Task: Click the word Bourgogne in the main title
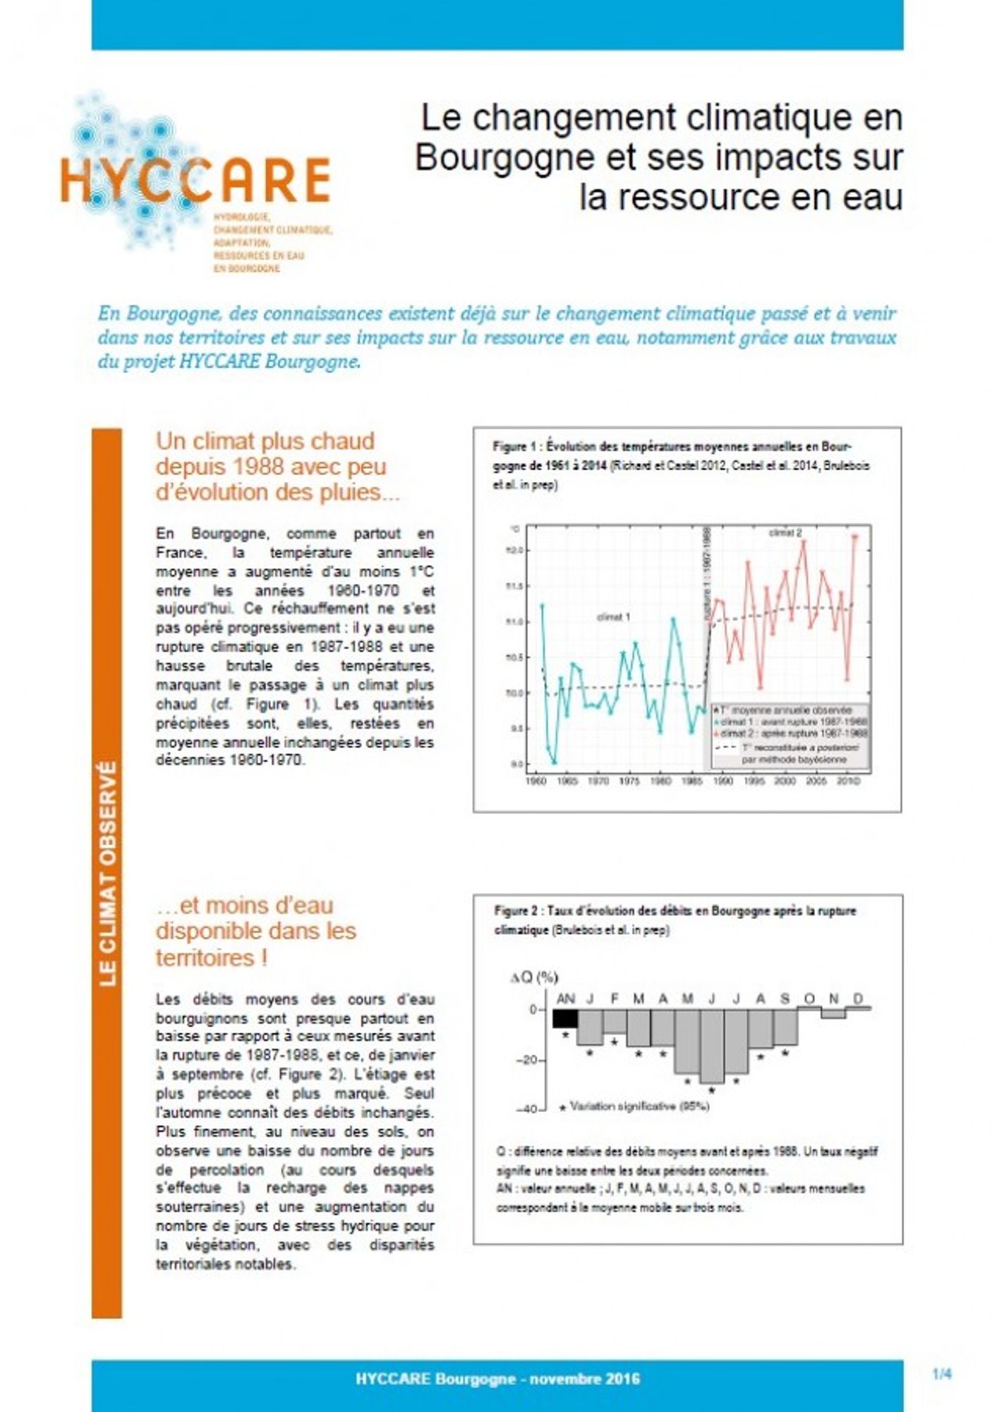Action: coord(504,157)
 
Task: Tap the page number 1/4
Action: coord(941,1375)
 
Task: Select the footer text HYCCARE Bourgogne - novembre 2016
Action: coord(497,1378)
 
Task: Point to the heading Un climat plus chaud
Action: coord(265,442)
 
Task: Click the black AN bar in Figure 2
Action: coord(565,1018)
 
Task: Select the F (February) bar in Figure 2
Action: coord(615,1021)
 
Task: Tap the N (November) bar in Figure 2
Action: coord(833,1013)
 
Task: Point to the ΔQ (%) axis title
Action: coord(533,977)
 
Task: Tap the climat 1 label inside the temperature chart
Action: coord(612,617)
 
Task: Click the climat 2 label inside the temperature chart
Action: coord(785,533)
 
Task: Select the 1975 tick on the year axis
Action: coord(629,782)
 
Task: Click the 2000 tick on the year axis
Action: coord(785,782)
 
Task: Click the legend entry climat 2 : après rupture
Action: coord(793,734)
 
